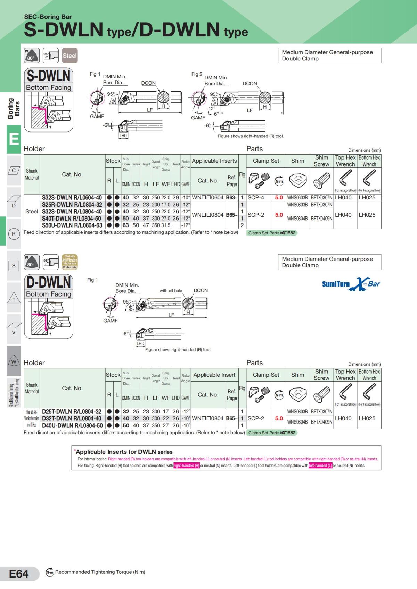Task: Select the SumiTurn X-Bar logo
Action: pyautogui.click(x=351, y=284)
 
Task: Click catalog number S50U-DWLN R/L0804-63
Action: pyautogui.click(x=72, y=225)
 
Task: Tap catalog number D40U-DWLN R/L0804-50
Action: pyautogui.click(x=72, y=425)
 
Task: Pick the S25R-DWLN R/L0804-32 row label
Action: pyautogui.click(x=72, y=205)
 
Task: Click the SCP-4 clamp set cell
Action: pyautogui.click(x=256, y=198)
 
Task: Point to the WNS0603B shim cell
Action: pyautogui.click(x=297, y=198)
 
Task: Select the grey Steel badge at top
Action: pyautogui.click(x=69, y=56)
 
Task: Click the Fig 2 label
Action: pyautogui.click(x=197, y=74)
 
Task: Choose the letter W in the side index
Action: pyautogui.click(x=14, y=361)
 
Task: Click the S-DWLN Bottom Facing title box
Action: pyautogui.click(x=49, y=80)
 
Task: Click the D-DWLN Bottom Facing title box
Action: pyautogui.click(x=49, y=287)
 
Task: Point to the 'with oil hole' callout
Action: pyautogui.click(x=171, y=291)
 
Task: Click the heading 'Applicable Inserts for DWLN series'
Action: pyautogui.click(x=124, y=452)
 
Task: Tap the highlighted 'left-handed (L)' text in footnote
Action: pyautogui.click(x=320, y=466)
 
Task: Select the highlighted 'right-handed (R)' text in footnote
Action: pyautogui.click(x=187, y=466)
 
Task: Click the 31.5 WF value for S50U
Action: pyautogui.click(x=165, y=225)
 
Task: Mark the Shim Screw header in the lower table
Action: pyautogui.click(x=321, y=375)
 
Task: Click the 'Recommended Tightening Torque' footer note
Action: pyautogui.click(x=100, y=572)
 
